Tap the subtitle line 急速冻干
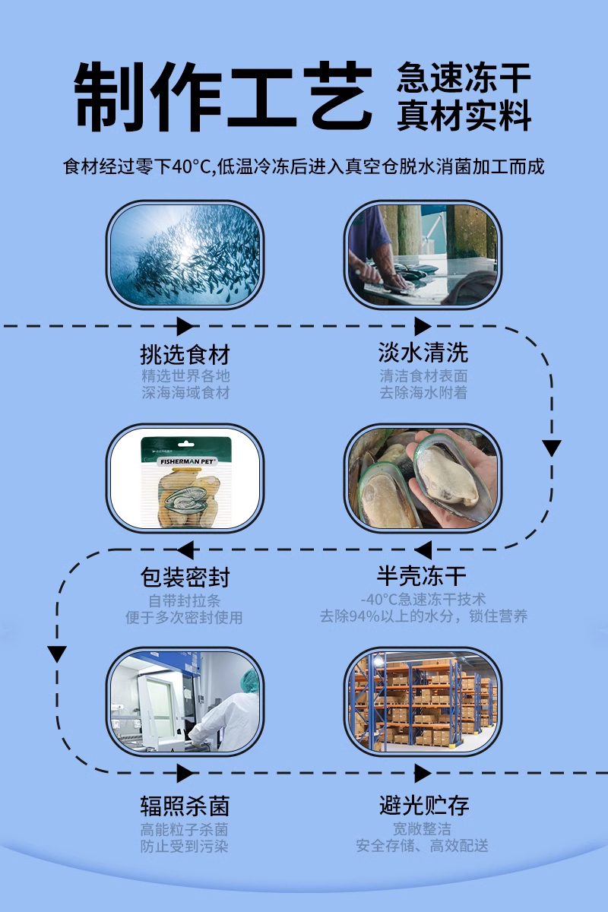tap(464, 78)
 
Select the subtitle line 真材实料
tap(464, 115)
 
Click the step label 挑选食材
tap(185, 355)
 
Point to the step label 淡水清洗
tap(423, 353)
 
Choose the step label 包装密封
tap(185, 578)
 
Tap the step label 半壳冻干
tap(422, 576)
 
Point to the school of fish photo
tap(185, 255)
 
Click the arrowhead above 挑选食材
tap(185, 327)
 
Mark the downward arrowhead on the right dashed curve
tap(552, 448)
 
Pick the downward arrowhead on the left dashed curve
tap(57, 654)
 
